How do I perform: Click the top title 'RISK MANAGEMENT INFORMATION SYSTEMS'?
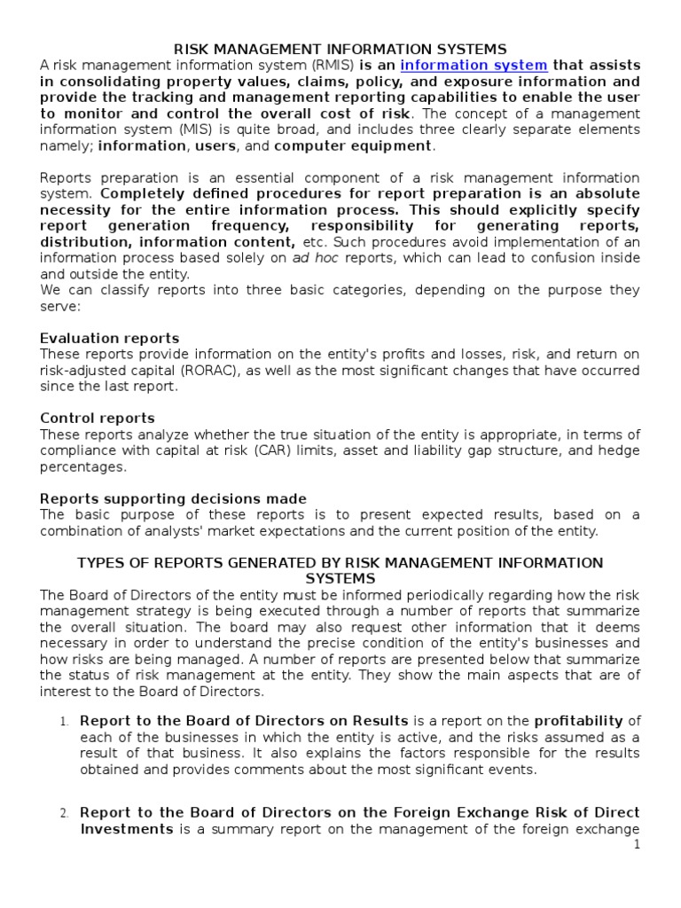[340, 49]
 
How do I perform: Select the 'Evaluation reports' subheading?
[110, 338]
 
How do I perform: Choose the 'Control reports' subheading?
[98, 418]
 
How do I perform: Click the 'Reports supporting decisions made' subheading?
[174, 498]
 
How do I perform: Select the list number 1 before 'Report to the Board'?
[64, 722]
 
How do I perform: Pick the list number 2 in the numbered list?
[64, 813]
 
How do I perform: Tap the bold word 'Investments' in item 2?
[127, 828]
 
